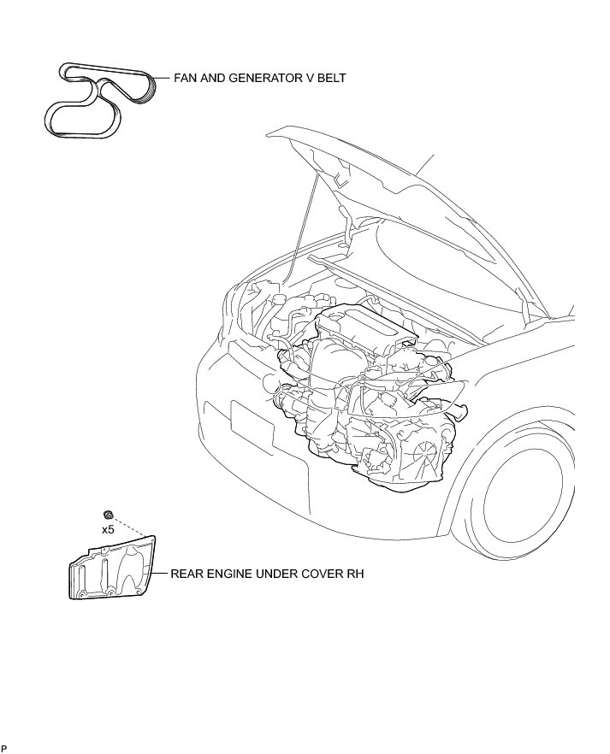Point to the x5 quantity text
[x=109, y=530]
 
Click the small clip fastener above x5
[x=108, y=515]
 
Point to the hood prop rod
[x=305, y=222]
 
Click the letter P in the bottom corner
[x=3, y=750]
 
